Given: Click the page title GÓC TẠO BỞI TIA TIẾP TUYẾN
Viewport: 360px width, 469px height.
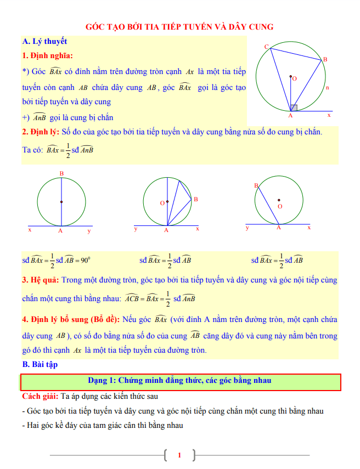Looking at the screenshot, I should point(180,26).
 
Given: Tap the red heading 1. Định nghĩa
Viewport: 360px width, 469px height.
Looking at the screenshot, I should point(47,55).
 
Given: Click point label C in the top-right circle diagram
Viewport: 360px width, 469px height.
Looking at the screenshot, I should point(266,47).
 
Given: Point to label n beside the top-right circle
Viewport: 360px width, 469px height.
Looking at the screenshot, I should point(327,87).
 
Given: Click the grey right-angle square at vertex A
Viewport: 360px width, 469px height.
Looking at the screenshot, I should point(294,108).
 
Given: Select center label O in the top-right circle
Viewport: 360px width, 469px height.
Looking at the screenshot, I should point(295,79).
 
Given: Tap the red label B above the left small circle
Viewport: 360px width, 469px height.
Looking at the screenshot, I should point(61,174).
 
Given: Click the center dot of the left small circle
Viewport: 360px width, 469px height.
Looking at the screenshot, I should point(61,202).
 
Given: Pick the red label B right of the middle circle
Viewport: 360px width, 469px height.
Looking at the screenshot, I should point(195,199).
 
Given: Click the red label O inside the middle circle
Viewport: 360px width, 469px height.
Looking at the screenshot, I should point(162,203).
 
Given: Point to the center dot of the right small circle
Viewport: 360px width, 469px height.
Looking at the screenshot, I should point(279,200).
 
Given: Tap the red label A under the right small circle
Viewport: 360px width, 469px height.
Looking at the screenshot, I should point(278,228).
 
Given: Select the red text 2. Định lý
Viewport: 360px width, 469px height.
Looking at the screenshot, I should point(41,132).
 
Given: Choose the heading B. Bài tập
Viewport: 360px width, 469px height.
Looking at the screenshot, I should point(40,364).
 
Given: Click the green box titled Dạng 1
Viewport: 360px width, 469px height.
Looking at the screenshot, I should point(180,381).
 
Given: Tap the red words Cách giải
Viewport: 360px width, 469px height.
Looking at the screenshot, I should point(40,396).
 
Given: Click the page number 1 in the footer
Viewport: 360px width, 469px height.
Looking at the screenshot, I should point(179,455).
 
